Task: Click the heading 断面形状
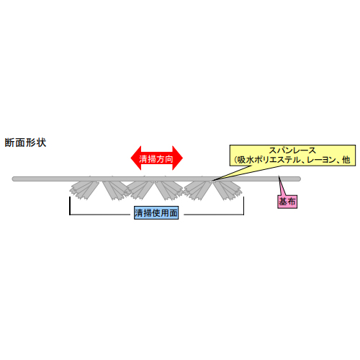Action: click(x=25, y=143)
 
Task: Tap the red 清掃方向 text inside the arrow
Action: click(x=156, y=159)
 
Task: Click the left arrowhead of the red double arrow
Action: click(x=136, y=158)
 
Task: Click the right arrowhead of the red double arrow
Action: click(x=178, y=158)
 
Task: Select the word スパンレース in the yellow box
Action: click(x=292, y=150)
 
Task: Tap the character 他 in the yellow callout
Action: click(x=346, y=160)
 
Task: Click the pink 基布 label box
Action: click(x=287, y=202)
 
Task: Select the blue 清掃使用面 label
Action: click(x=156, y=213)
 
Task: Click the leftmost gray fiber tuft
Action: click(x=84, y=190)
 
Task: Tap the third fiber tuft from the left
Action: click(x=140, y=190)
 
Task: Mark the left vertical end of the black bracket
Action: click(x=70, y=206)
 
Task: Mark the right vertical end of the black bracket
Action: click(x=243, y=206)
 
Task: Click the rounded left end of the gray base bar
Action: click(x=14, y=179)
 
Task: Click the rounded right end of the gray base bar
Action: click(x=299, y=179)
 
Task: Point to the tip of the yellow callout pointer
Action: click(x=212, y=181)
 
